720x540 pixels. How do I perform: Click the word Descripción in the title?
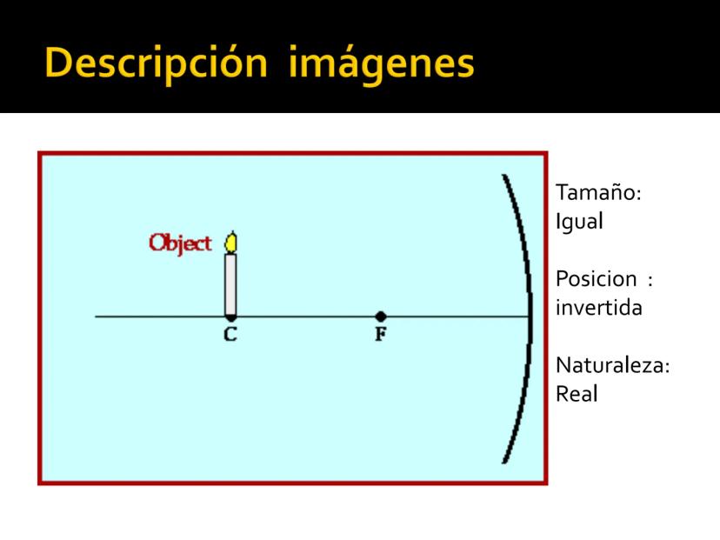156,64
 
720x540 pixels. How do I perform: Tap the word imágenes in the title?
381,64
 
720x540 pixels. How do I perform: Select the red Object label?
180,243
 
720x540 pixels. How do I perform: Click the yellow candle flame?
231,242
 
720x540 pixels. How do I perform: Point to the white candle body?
230,284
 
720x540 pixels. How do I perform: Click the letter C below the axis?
230,334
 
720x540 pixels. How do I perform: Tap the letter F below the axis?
381,334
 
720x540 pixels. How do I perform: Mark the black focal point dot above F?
380,317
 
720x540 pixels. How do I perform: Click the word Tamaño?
598,192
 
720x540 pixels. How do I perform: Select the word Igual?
579,222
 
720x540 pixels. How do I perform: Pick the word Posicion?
596,279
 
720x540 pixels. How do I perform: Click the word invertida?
599,308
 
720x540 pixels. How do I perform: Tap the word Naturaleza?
612,365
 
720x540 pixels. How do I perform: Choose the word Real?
577,394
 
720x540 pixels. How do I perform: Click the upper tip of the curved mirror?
503,176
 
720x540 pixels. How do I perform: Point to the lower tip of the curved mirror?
504,463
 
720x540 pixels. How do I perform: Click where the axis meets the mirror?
530,317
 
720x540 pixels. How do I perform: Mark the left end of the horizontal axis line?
96,317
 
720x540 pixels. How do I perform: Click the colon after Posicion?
650,280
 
